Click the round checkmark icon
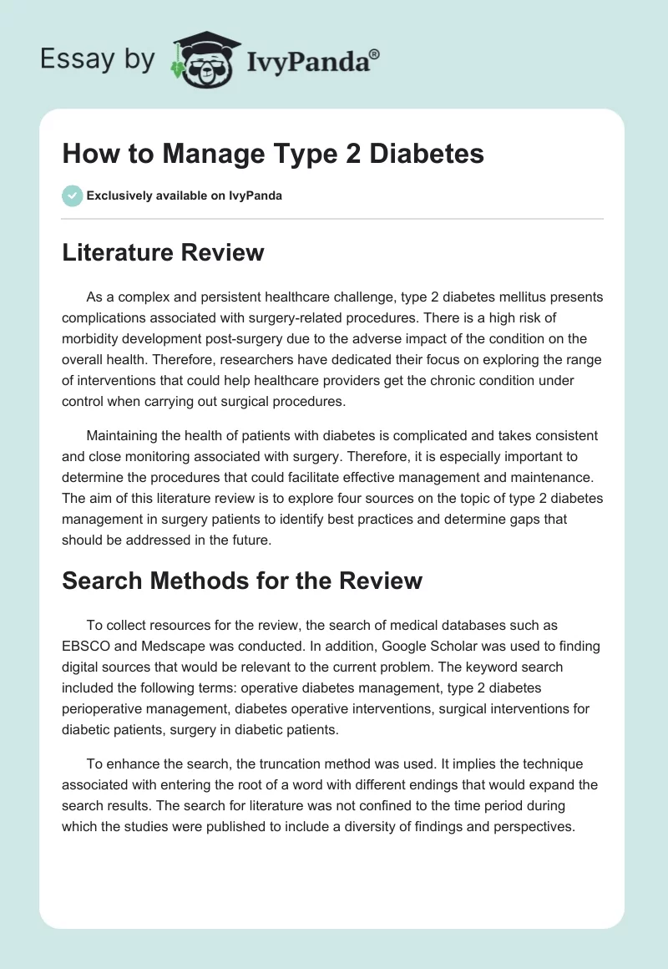(72, 195)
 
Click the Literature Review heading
(163, 251)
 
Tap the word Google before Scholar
(388, 647)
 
